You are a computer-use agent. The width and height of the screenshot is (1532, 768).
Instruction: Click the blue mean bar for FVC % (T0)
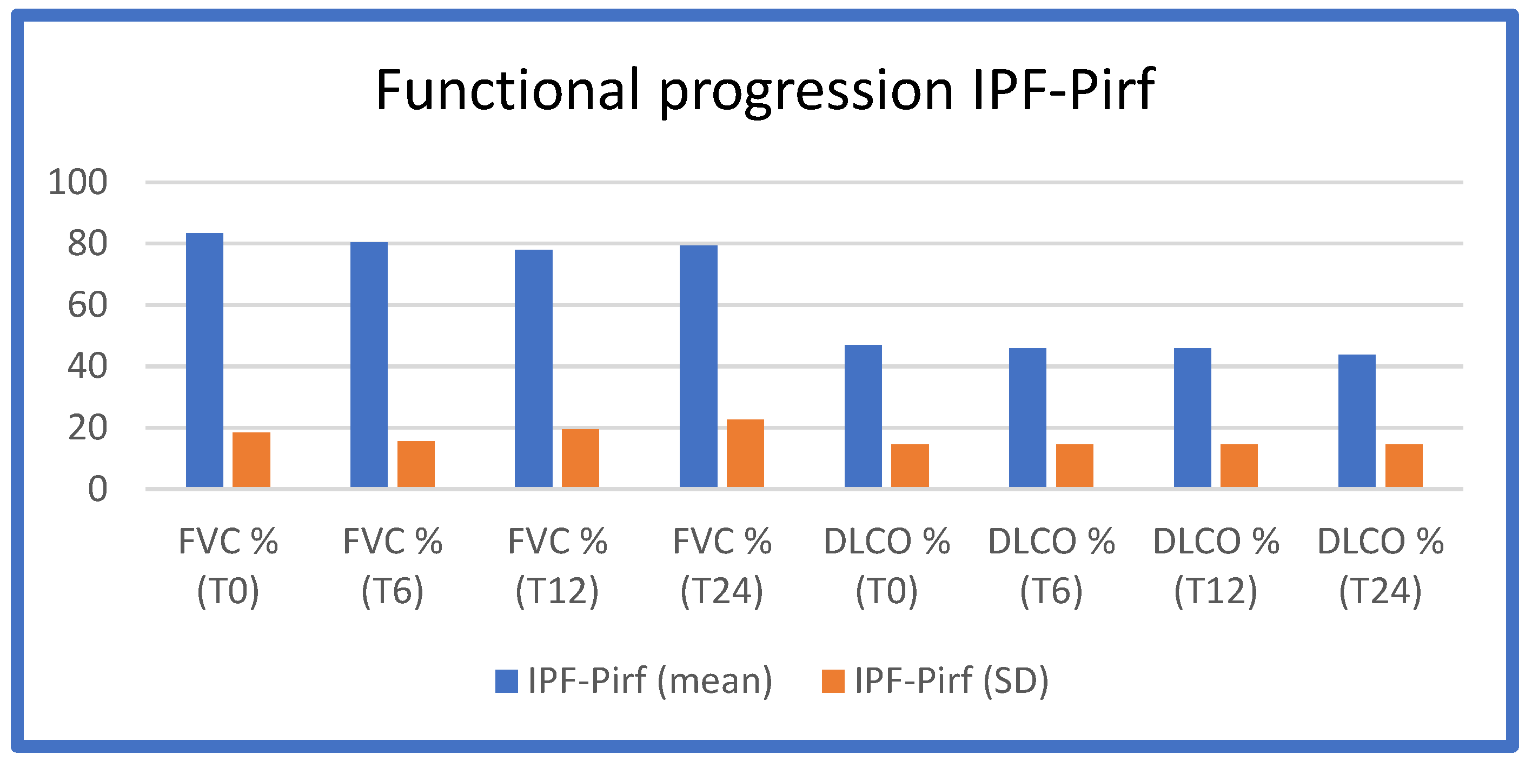[204, 360]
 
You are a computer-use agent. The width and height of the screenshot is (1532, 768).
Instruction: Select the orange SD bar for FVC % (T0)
[251, 459]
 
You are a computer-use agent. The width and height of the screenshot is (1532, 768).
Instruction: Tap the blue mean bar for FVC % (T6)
[369, 364]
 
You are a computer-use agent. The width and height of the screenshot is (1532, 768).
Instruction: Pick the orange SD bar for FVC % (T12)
[580, 458]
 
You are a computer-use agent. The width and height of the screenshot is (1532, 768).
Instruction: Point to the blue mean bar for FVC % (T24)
[698, 366]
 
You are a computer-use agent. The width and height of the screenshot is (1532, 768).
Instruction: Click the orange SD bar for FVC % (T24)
[745, 453]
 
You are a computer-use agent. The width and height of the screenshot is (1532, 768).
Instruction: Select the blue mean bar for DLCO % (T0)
[863, 416]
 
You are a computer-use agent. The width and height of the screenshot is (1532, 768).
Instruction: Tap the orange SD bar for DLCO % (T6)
[1075, 465]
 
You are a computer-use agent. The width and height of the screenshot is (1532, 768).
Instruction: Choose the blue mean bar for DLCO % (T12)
[1192, 417]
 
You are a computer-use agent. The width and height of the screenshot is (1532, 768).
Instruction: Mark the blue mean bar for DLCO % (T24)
[1357, 421]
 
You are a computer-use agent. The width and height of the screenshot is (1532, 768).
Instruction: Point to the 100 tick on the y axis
[78, 182]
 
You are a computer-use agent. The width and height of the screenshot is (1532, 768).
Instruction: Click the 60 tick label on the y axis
[88, 305]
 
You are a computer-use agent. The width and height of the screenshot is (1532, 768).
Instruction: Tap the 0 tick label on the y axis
[97, 490]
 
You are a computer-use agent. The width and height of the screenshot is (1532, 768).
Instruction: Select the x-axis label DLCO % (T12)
[1216, 566]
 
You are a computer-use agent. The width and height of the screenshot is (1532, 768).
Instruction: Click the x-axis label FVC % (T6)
[393, 566]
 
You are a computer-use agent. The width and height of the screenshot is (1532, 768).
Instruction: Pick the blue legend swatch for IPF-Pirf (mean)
[506, 681]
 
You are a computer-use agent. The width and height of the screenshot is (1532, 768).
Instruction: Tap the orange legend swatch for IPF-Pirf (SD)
[833, 681]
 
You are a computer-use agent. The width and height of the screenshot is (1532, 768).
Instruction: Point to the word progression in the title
[806, 92]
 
